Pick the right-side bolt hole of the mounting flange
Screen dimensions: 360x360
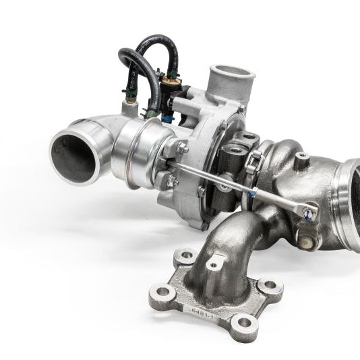tap(270, 286)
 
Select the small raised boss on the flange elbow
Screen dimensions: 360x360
tap(214, 265)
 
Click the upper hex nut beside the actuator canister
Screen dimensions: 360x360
tap(183, 148)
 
